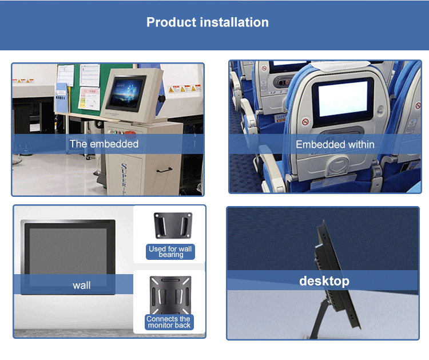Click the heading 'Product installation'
coord(207,23)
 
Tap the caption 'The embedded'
coord(104,144)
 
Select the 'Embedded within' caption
coord(335,145)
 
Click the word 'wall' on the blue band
coord(81,285)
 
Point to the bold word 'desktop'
coord(324,281)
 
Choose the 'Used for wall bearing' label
coord(170,252)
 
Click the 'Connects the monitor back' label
coord(169,322)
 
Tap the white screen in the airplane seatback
coord(343,99)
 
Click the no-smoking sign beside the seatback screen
coord(305,122)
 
